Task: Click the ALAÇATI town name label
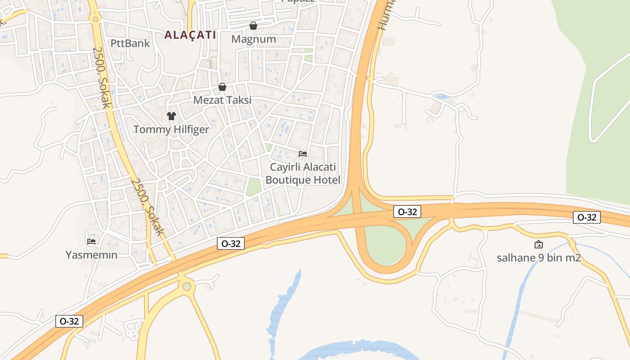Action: (x=190, y=35)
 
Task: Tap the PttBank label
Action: (x=130, y=44)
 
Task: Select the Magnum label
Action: (x=253, y=39)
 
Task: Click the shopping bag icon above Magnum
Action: (x=253, y=26)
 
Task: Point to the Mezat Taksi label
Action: (x=222, y=100)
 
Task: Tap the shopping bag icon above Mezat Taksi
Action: (x=222, y=87)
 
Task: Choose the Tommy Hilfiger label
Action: (x=171, y=130)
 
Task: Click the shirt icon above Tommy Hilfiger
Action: (x=171, y=116)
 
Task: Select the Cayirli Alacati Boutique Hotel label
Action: (x=303, y=174)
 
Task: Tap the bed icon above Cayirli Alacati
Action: (x=303, y=154)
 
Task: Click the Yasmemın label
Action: (x=91, y=255)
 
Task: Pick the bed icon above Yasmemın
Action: (x=91, y=242)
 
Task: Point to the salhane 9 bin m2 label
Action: (x=539, y=258)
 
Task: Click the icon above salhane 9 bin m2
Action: (x=539, y=244)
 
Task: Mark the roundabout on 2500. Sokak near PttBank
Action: (x=95, y=19)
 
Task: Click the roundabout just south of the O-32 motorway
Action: (x=187, y=286)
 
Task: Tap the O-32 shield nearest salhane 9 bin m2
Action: (x=587, y=217)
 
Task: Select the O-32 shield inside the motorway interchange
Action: (x=407, y=211)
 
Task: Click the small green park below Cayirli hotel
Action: (x=253, y=187)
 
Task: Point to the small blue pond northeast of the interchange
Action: (x=441, y=97)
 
